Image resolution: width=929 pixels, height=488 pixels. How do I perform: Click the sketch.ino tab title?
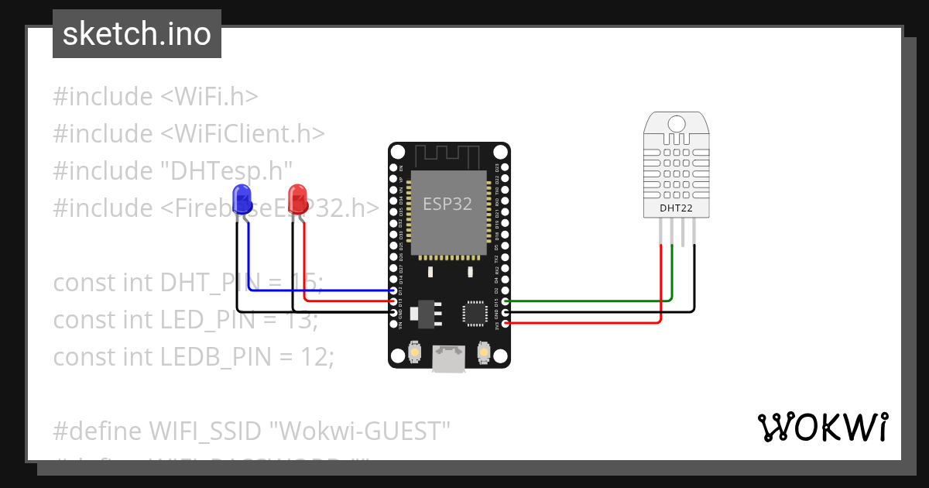click(137, 34)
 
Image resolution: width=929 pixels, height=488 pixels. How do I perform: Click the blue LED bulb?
click(242, 198)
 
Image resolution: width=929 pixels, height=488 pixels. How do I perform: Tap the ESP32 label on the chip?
click(447, 204)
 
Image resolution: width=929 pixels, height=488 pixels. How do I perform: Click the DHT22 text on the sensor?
click(675, 208)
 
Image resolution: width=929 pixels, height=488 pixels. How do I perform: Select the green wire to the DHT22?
click(588, 300)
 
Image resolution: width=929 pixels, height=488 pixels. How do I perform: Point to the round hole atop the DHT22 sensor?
click(676, 123)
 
